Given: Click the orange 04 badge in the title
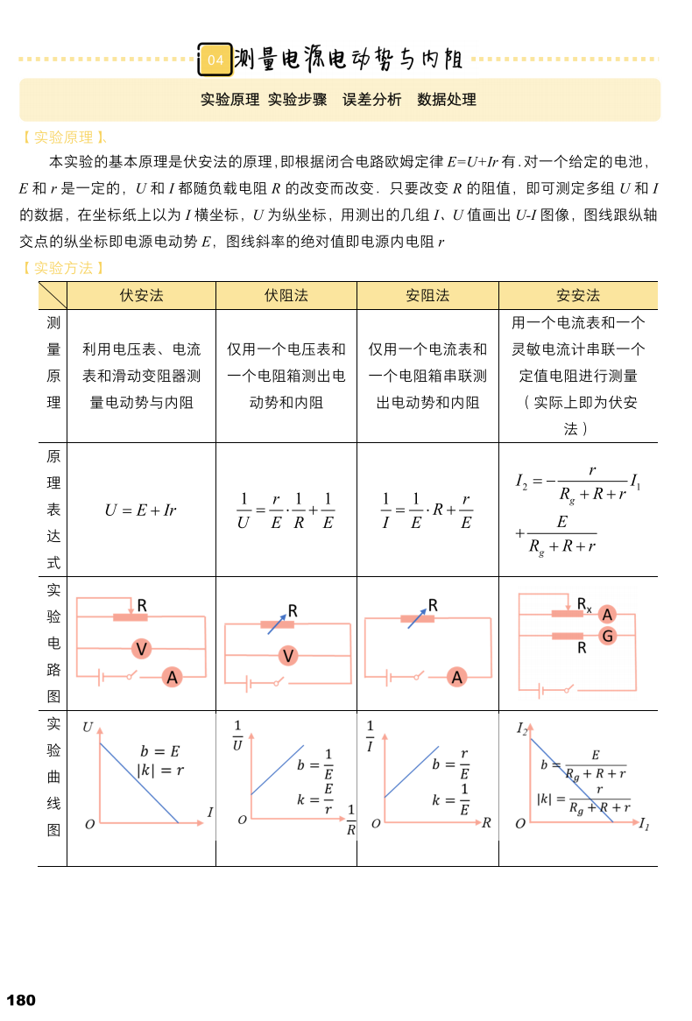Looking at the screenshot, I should pyautogui.click(x=215, y=60).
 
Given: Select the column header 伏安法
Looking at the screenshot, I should pyautogui.click(x=141, y=296).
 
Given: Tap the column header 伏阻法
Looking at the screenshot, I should pyautogui.click(x=286, y=296).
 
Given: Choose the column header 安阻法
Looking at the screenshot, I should pyautogui.click(x=427, y=296).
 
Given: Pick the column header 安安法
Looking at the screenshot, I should pyautogui.click(x=578, y=296).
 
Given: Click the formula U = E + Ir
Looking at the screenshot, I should pyautogui.click(x=140, y=510).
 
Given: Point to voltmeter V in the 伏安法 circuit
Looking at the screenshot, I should pyautogui.click(x=141, y=649).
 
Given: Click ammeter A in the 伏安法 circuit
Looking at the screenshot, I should pyautogui.click(x=173, y=677).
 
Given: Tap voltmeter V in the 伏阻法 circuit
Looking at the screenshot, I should pyautogui.click(x=288, y=656).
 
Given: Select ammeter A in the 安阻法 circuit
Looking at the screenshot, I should pyautogui.click(x=456, y=677).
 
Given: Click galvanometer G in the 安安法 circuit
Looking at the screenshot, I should pyautogui.click(x=607, y=636).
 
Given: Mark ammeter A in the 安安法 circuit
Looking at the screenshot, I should pyautogui.click(x=607, y=615).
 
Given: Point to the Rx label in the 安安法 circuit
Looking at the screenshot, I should pyautogui.click(x=584, y=604).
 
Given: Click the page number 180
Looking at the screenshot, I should pyautogui.click(x=21, y=1000).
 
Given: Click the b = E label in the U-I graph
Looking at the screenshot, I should pyautogui.click(x=159, y=751).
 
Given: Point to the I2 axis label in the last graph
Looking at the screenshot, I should pyautogui.click(x=522, y=729).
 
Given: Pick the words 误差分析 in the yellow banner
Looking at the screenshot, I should pyautogui.click(x=371, y=100).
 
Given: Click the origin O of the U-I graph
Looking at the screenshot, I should pyautogui.click(x=89, y=825).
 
